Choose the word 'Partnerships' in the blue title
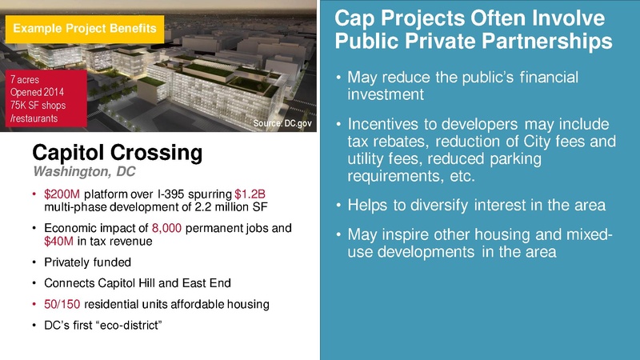tap(527, 39)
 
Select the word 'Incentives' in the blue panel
tap(389, 126)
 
